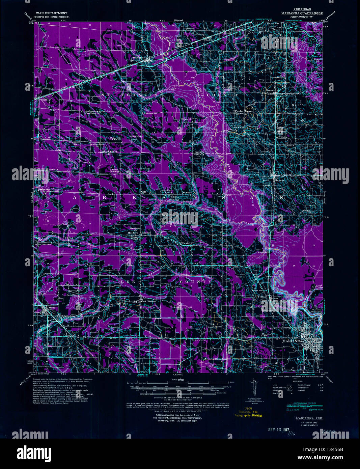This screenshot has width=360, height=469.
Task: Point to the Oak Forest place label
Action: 149,301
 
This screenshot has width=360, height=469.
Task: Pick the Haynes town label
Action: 279,181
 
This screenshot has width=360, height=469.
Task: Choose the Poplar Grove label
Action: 244,111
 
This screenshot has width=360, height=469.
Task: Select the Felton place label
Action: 262,297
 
